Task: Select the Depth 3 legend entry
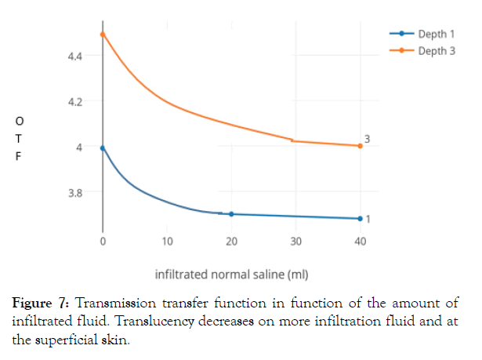pyautogui.click(x=436, y=51)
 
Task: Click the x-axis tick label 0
pyautogui.click(x=103, y=241)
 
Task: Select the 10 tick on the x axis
pyautogui.click(x=167, y=241)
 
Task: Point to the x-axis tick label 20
pyautogui.click(x=231, y=241)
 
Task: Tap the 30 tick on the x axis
pyautogui.click(x=295, y=241)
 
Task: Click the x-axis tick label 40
pyautogui.click(x=360, y=241)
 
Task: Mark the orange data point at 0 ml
pyautogui.click(x=103, y=35)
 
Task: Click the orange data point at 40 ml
pyautogui.click(x=360, y=146)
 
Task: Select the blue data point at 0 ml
pyautogui.click(x=103, y=147)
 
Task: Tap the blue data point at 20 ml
pyautogui.click(x=231, y=214)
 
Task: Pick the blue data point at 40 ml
pyautogui.click(x=360, y=219)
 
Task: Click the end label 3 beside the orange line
pyautogui.click(x=368, y=139)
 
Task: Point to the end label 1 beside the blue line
pyautogui.click(x=368, y=218)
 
